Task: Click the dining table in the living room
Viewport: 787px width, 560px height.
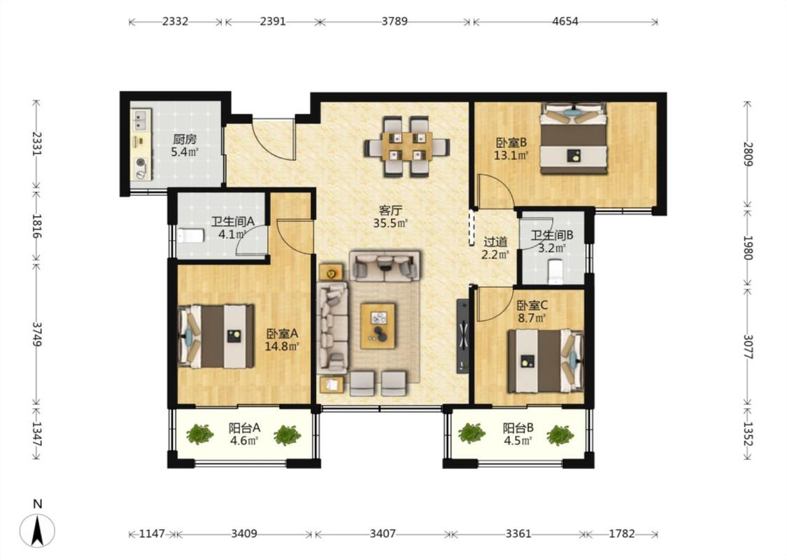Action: tap(407, 146)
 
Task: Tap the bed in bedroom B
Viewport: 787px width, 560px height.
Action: tap(573, 139)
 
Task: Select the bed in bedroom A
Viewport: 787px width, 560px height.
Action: tap(216, 336)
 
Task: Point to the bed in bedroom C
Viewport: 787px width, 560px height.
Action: tap(546, 360)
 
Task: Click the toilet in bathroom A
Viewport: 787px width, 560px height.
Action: tap(190, 235)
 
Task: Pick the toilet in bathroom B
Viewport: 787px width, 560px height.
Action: tap(555, 272)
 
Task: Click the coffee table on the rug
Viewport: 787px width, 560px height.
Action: tap(378, 325)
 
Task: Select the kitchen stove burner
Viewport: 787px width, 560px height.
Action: tap(141, 162)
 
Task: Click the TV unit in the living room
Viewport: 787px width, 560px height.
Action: tap(463, 336)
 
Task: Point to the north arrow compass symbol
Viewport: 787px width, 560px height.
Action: tap(37, 530)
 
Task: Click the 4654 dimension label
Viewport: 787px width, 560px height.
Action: tap(565, 22)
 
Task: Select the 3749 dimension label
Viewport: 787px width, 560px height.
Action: tap(37, 333)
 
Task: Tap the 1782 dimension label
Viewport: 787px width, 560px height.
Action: tap(622, 534)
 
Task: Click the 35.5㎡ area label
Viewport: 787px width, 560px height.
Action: tap(390, 223)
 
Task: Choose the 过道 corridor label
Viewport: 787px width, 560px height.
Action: tap(495, 242)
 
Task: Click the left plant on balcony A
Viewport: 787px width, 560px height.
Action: tap(200, 435)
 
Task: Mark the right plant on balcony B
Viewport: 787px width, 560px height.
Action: tap(560, 435)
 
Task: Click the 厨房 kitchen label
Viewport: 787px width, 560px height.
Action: tap(185, 139)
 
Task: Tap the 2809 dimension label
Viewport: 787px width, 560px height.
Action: tap(748, 154)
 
